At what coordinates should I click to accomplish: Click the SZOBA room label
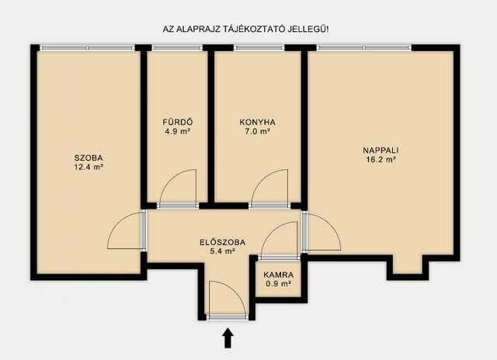89,157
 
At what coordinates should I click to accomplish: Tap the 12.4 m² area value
89,167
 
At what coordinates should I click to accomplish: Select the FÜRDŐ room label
178,122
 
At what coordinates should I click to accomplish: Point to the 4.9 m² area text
178,131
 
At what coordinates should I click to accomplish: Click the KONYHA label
257,122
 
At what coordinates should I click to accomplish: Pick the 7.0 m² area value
257,131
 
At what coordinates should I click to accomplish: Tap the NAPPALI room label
381,150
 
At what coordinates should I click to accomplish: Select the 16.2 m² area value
381,160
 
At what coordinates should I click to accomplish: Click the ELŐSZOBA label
223,243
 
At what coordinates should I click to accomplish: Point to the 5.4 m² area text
223,251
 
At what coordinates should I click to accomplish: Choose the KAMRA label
278,275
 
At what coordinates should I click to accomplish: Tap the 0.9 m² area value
278,284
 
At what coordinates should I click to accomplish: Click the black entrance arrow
228,338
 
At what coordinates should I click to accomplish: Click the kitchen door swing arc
262,178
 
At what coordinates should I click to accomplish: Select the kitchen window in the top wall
259,48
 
